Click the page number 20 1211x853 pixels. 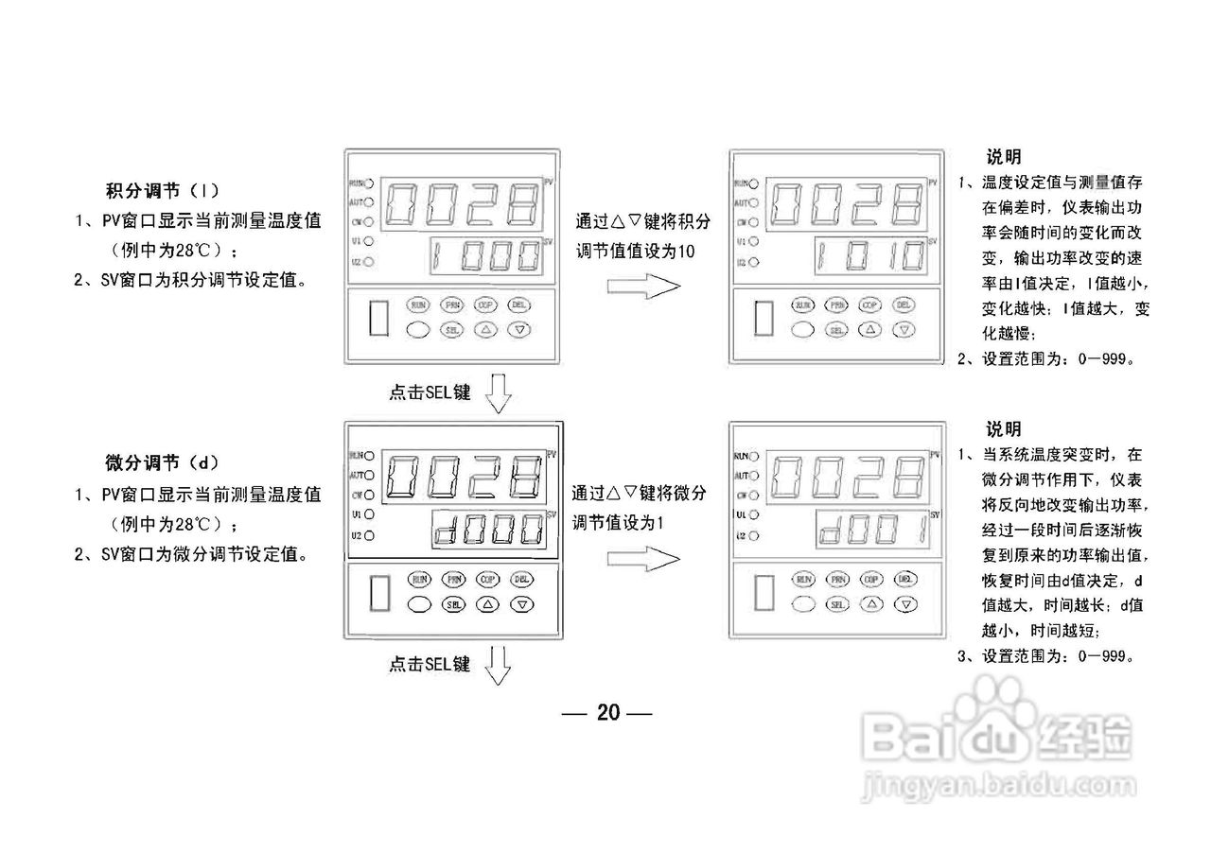(x=608, y=713)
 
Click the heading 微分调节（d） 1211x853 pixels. (x=162, y=462)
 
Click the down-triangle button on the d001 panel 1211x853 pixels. (x=905, y=603)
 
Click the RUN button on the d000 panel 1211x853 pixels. (x=420, y=580)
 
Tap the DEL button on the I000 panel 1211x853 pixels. (x=519, y=305)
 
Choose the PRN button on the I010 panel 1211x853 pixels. (x=837, y=305)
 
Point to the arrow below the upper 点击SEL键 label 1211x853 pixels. (x=498, y=393)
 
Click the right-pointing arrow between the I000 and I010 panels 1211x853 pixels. (x=643, y=286)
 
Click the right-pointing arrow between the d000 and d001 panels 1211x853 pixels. (x=643, y=560)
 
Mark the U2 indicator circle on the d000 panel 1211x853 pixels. (x=369, y=535)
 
